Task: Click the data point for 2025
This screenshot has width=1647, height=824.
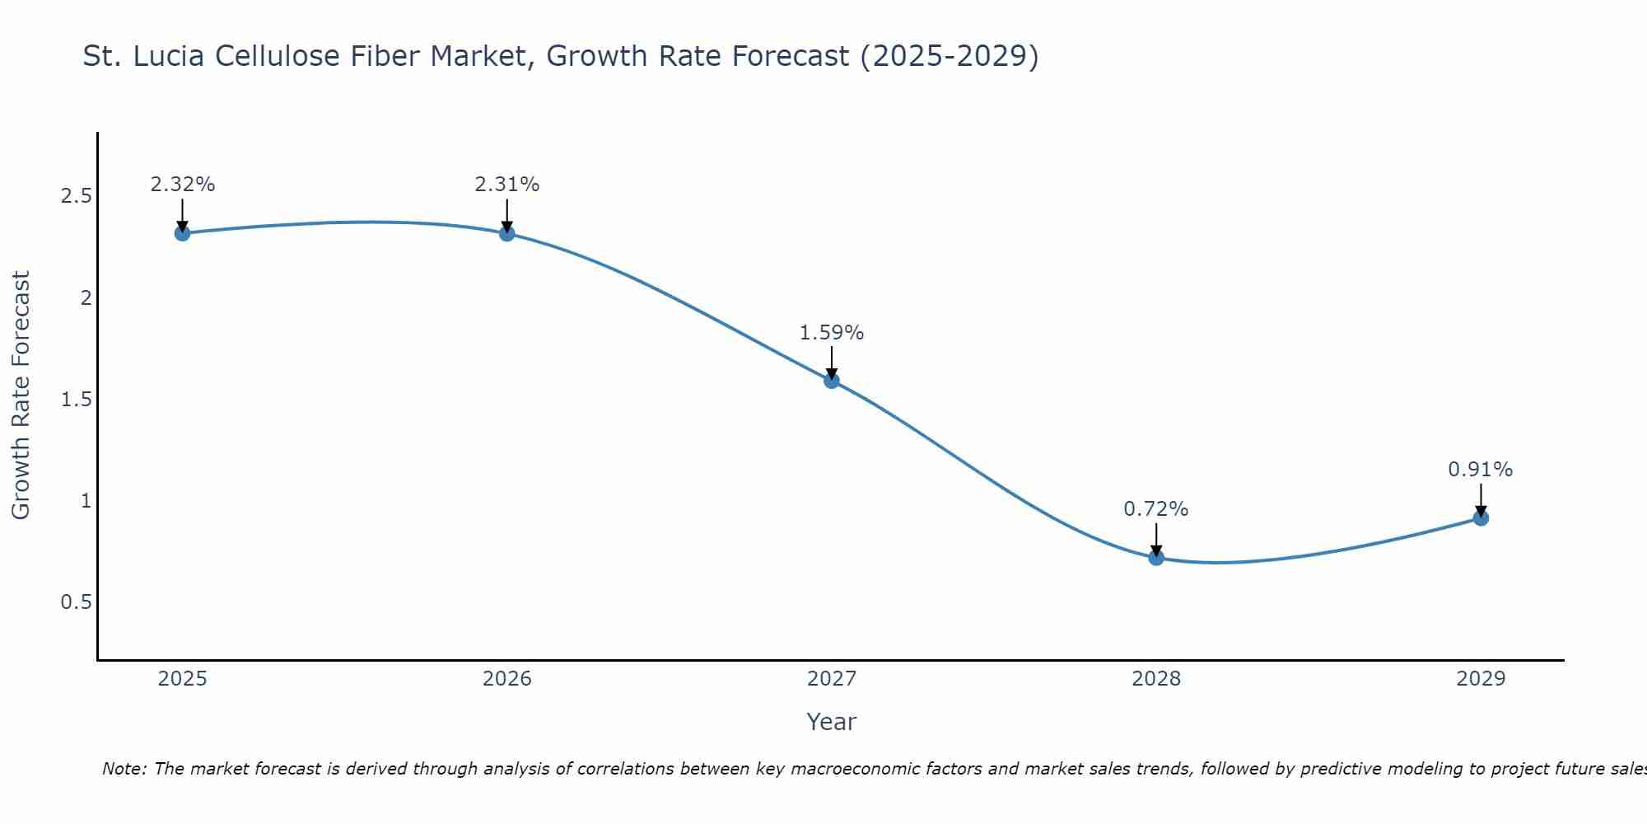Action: pos(183,233)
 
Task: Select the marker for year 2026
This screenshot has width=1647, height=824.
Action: pos(507,233)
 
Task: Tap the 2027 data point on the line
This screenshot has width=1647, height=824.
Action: pos(832,380)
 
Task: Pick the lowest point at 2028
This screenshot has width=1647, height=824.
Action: pos(1156,558)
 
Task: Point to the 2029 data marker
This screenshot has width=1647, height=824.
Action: pos(1481,518)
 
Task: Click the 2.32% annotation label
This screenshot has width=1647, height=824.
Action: pos(183,185)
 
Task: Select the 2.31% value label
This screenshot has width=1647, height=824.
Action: pos(507,185)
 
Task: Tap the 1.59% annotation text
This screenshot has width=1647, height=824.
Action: pos(832,333)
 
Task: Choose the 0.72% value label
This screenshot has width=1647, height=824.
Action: pos(1156,509)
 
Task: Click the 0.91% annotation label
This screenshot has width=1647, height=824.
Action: pos(1481,470)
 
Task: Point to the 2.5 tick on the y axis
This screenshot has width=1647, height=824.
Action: pos(76,196)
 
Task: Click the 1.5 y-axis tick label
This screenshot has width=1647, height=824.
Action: pos(76,400)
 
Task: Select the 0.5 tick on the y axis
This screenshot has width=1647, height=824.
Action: pos(76,602)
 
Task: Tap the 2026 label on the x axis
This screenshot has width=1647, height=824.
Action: pos(507,679)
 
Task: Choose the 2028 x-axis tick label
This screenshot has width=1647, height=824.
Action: pos(1156,679)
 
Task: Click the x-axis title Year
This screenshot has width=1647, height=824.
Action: pos(832,722)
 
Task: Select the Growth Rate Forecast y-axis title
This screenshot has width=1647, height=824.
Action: pos(21,396)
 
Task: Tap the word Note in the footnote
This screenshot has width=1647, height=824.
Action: pos(124,769)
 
